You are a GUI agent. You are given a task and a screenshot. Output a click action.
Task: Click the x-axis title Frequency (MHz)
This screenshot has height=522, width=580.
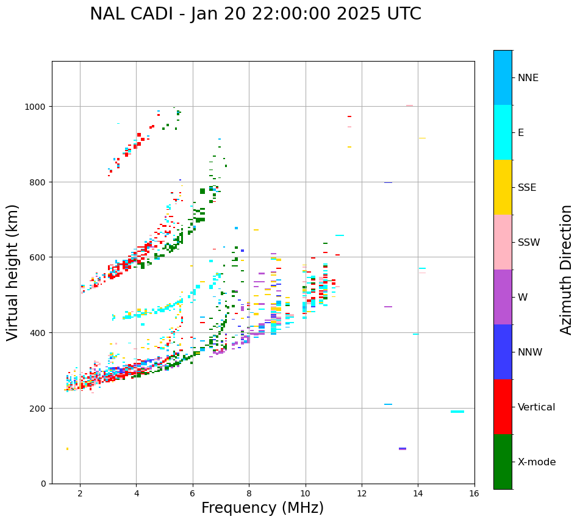(262, 508)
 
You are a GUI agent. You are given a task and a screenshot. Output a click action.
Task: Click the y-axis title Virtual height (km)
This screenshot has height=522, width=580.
(13, 272)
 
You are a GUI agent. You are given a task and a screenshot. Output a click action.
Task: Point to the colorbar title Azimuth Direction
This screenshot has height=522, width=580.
(567, 270)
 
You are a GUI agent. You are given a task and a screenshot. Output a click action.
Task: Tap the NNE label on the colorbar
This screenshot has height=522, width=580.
(528, 78)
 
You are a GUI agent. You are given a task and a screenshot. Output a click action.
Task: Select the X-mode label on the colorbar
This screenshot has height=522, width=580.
(537, 462)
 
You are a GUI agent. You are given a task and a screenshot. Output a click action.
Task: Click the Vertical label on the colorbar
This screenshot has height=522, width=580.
(537, 407)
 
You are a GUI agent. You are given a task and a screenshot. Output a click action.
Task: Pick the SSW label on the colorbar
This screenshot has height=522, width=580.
(529, 243)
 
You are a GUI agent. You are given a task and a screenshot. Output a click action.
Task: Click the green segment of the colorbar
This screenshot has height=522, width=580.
(503, 462)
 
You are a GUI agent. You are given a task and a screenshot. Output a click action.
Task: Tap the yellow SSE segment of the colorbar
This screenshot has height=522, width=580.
(503, 187)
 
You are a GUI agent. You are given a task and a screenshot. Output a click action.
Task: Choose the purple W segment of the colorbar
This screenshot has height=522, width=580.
(503, 297)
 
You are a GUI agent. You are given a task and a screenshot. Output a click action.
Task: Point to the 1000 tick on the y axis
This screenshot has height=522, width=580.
(35, 107)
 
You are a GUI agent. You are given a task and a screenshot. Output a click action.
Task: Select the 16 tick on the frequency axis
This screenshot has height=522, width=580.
(474, 494)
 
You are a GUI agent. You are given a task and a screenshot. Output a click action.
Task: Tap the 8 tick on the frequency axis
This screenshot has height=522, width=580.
(249, 494)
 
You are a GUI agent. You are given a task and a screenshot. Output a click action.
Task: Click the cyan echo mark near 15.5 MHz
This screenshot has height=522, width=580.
(457, 412)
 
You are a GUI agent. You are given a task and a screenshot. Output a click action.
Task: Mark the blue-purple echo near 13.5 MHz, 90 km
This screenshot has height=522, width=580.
(403, 449)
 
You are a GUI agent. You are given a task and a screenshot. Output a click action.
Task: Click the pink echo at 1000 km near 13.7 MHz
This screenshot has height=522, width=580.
(409, 105)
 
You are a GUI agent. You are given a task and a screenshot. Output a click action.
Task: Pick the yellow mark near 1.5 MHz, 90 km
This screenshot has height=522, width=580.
(67, 449)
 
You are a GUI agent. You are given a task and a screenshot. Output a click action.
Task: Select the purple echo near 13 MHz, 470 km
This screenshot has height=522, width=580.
(388, 307)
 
